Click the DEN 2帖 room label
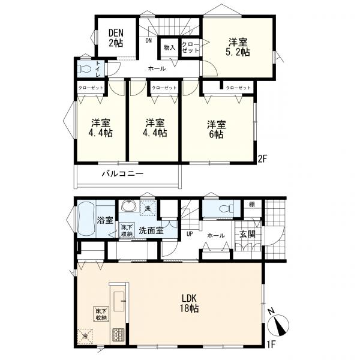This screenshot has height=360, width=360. [116, 38]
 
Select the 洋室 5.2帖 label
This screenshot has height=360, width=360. [238, 47]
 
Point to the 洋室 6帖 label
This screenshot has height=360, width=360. [216, 129]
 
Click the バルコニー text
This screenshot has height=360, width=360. [123, 173]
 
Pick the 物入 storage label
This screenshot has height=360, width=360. [169, 48]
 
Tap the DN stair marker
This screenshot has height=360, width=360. [149, 41]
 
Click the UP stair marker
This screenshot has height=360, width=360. [190, 235]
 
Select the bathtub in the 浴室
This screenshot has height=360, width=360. [86, 218]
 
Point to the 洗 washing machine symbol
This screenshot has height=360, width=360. [148, 208]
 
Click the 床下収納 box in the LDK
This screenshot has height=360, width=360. [101, 314]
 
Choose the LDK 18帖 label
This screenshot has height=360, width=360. [190, 303]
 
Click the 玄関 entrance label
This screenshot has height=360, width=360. [247, 234]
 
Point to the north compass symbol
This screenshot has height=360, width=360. [278, 322]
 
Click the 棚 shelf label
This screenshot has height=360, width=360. [252, 205]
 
